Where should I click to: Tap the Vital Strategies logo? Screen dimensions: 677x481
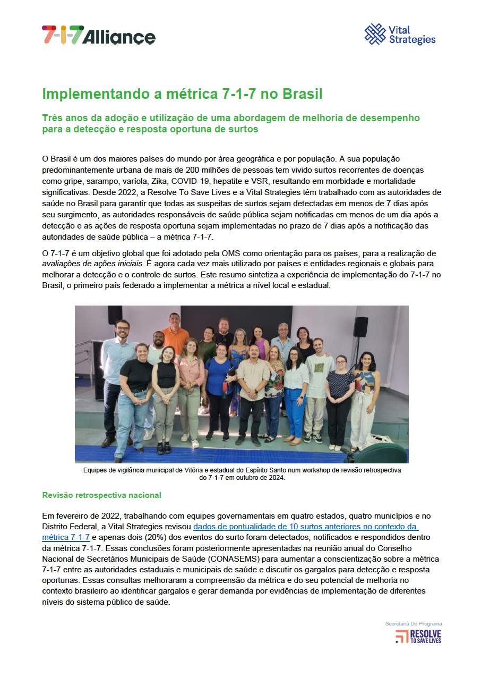click(400, 35)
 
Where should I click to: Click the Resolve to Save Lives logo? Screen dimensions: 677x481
click(418, 636)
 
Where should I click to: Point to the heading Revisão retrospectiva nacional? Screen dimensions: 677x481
click(101, 495)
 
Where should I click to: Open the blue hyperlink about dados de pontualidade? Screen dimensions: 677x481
click(305, 527)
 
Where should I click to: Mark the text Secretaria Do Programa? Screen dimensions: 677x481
click(413, 623)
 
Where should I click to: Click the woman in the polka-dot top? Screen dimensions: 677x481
click(339, 388)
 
